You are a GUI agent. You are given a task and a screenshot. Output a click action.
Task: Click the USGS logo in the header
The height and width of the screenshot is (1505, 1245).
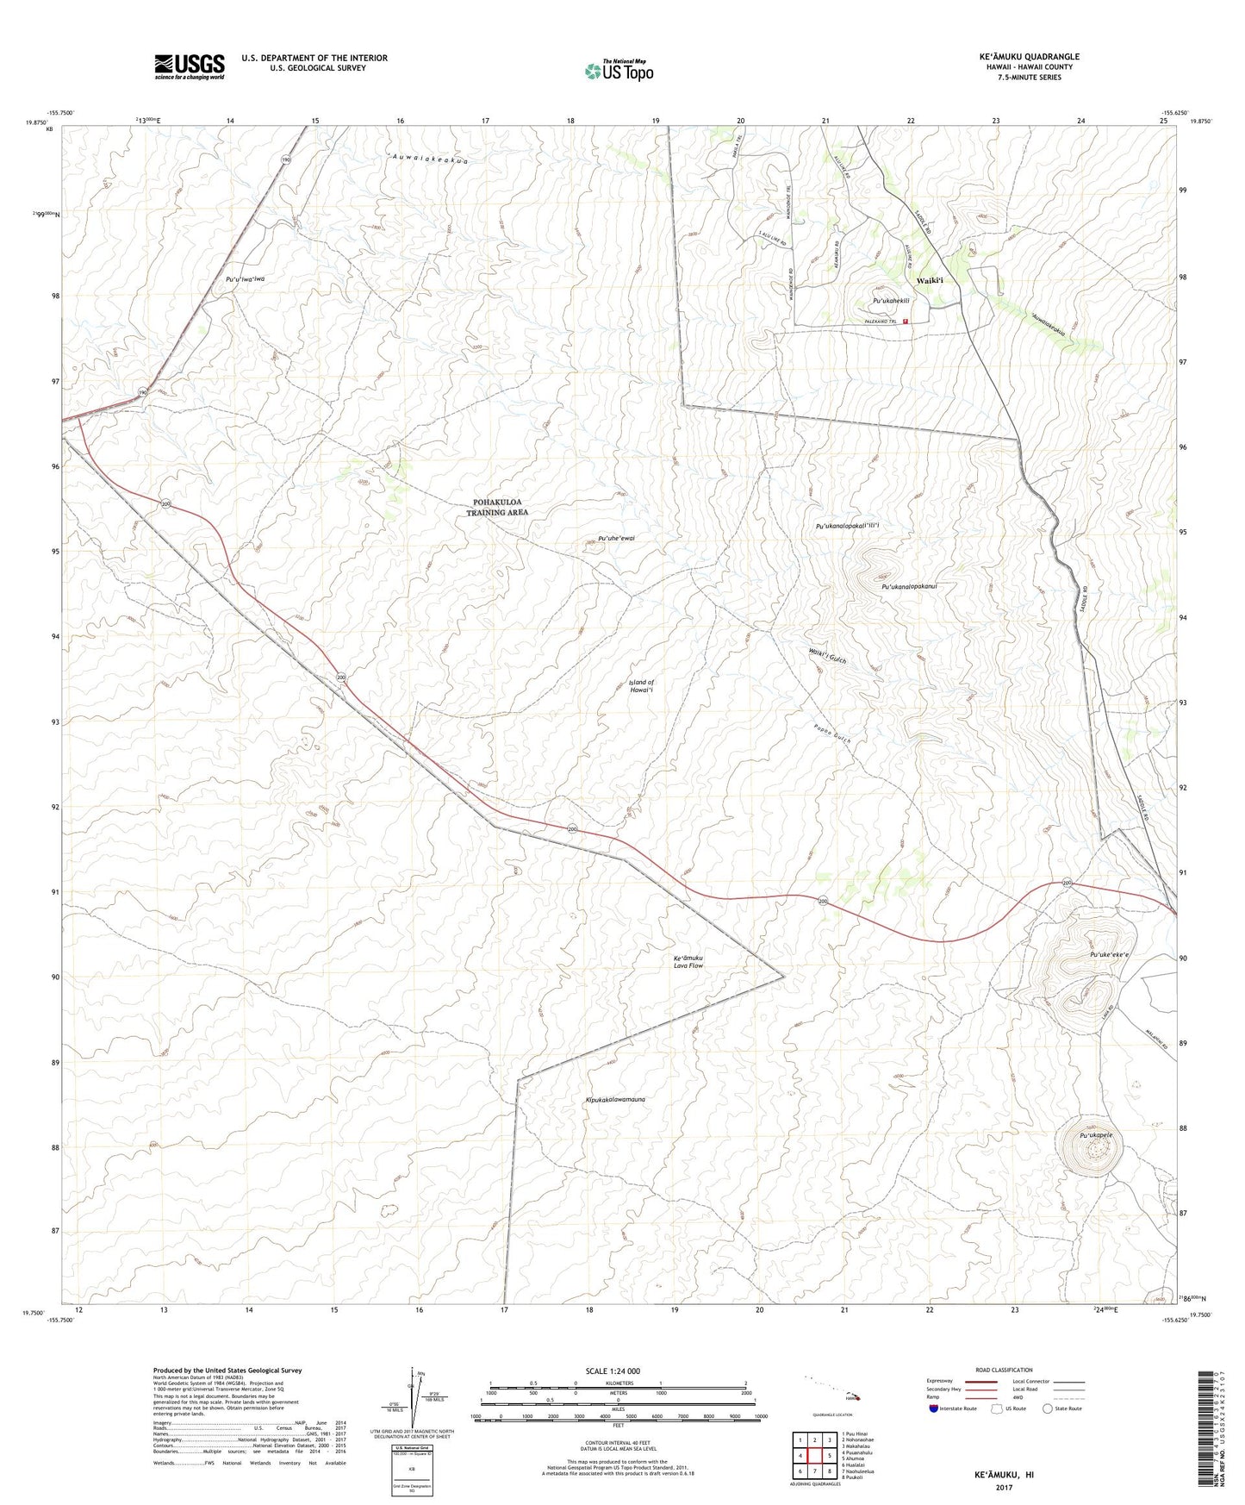(x=189, y=66)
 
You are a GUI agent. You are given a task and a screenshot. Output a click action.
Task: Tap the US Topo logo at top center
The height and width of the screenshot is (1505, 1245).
(x=619, y=71)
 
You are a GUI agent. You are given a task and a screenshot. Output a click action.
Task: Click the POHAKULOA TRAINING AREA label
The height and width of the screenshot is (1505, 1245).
(x=497, y=507)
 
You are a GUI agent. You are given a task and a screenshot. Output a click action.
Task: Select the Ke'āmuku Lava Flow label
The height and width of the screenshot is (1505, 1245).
(x=688, y=962)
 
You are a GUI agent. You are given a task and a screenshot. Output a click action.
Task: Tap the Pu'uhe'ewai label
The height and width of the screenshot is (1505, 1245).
(x=616, y=538)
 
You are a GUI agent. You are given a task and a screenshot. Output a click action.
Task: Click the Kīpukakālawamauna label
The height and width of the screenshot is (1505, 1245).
(x=614, y=1100)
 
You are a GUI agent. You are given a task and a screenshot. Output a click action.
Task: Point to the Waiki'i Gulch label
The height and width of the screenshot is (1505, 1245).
(x=826, y=655)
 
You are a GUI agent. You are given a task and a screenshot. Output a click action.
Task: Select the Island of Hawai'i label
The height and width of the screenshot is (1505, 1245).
(x=641, y=686)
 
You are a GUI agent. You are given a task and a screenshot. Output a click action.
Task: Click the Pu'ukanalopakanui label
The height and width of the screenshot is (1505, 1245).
(x=908, y=586)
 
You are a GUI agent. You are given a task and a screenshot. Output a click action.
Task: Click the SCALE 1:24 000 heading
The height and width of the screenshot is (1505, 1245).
(x=613, y=1371)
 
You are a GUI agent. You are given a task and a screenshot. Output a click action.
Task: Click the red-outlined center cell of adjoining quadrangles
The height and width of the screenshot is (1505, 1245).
(x=814, y=1456)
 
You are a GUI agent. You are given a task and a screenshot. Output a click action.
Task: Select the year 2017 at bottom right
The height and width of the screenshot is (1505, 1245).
(x=1004, y=1487)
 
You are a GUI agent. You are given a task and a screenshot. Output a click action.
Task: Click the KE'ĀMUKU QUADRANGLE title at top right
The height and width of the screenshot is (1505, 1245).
(x=1029, y=57)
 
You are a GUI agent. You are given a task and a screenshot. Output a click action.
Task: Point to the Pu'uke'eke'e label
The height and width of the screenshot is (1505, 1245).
(x=1109, y=955)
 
